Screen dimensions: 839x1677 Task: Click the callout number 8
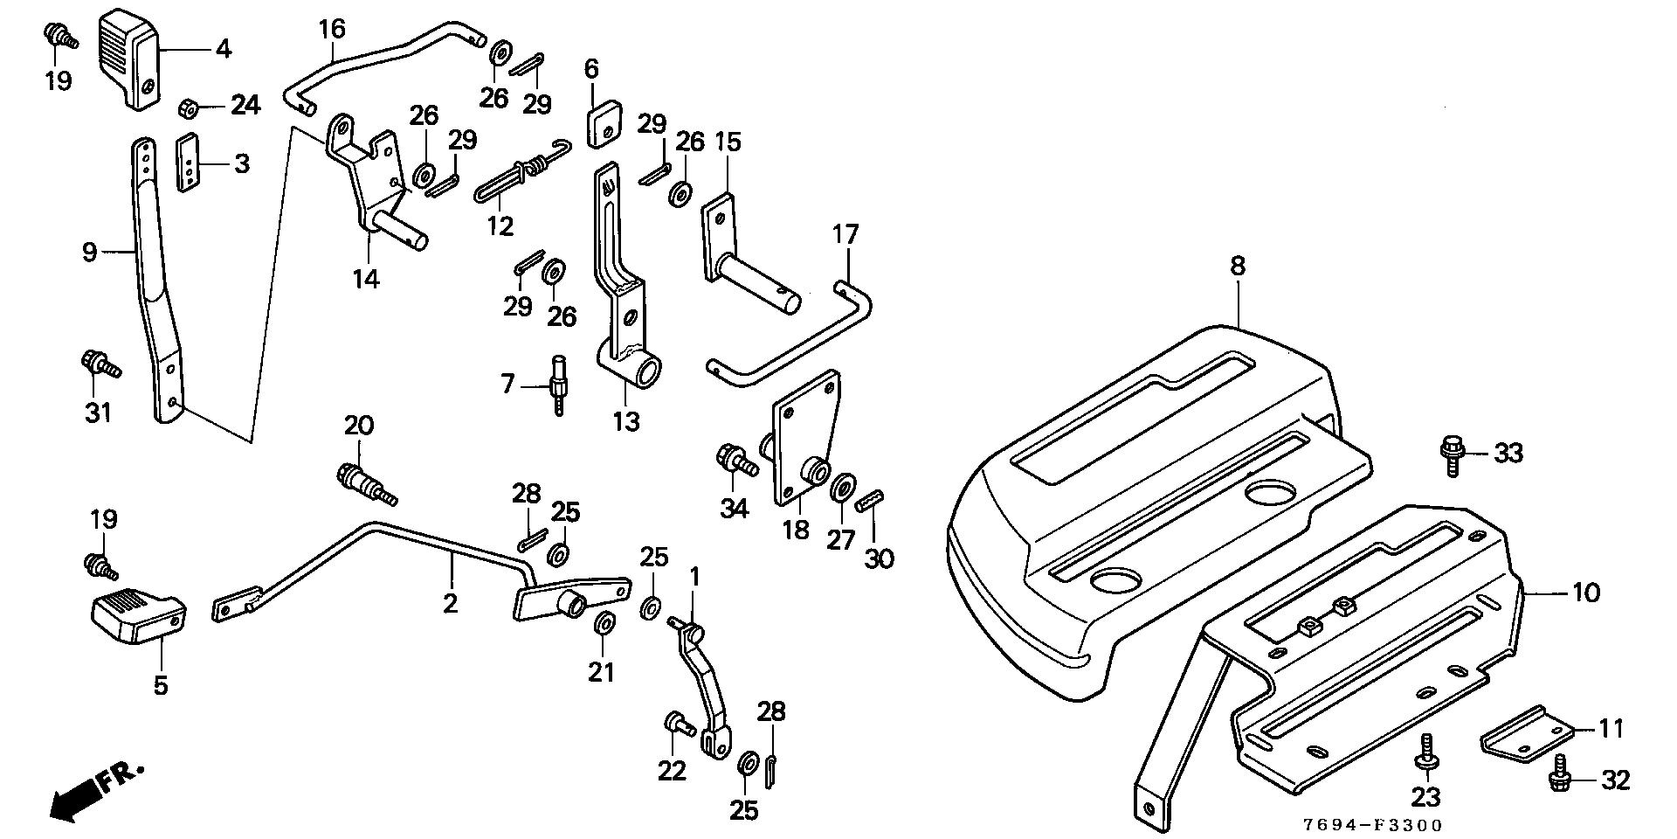1238,267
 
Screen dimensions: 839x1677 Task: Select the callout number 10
1586,593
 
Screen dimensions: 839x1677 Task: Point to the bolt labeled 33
1451,455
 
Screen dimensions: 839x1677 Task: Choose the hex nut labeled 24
187,108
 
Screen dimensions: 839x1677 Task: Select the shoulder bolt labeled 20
365,483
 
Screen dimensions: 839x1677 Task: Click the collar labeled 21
603,625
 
